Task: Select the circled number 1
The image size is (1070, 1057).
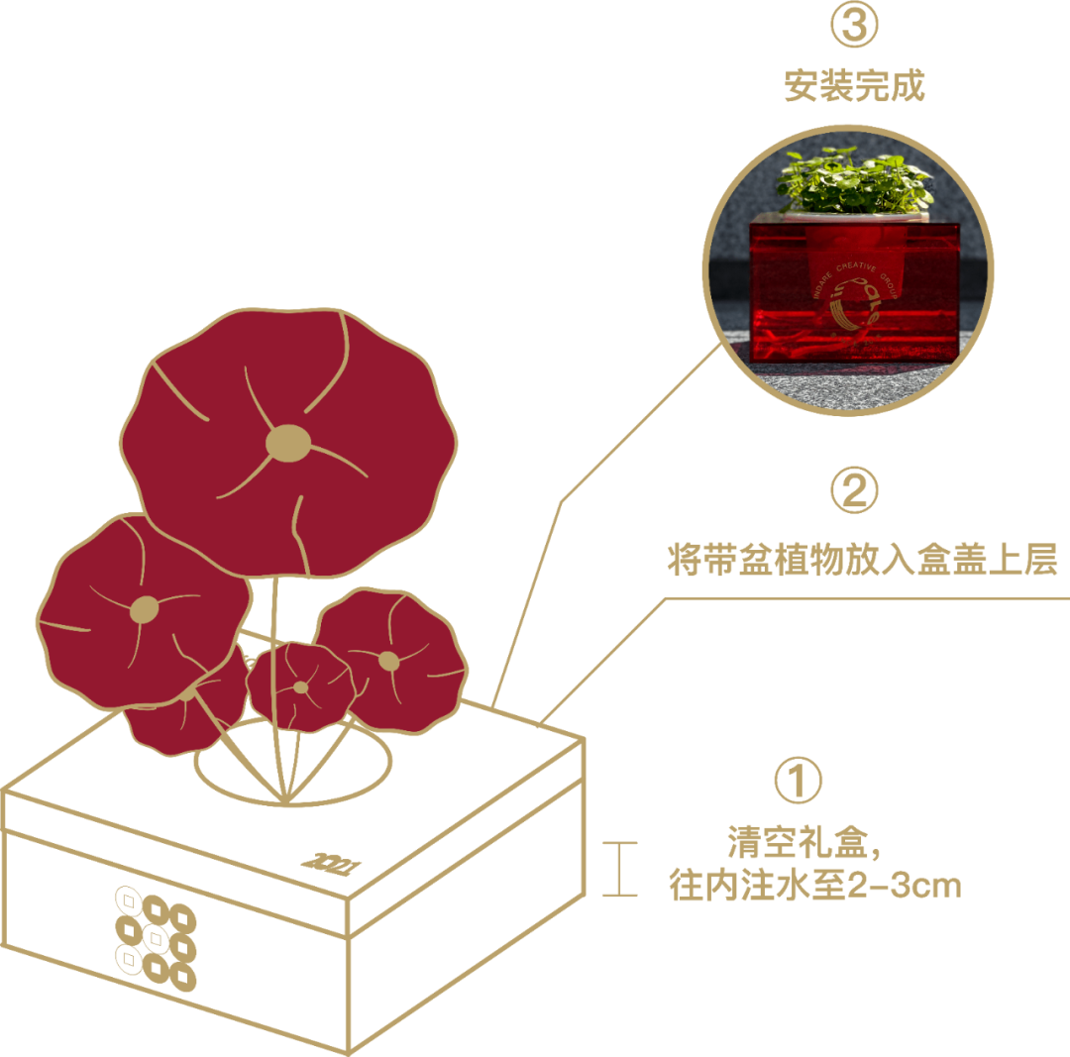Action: [799, 782]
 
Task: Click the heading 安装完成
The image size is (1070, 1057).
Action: [854, 86]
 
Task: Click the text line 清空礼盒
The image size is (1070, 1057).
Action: [802, 845]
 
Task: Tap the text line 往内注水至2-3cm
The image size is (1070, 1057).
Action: [814, 885]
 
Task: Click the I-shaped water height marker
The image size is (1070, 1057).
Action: [619, 869]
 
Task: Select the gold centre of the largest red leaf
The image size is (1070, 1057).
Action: [288, 442]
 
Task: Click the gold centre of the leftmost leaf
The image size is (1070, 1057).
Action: [145, 608]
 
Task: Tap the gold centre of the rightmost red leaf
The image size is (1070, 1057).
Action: [389, 661]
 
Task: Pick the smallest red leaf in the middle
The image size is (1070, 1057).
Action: [300, 686]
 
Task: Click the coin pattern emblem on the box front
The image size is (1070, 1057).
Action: [156, 938]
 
